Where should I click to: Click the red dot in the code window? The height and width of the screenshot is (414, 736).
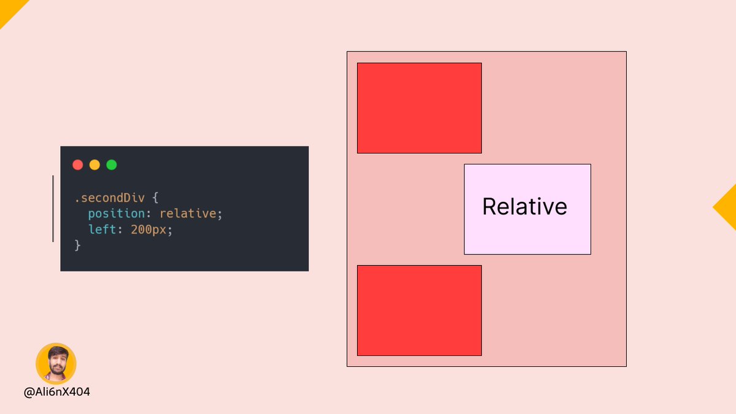[x=78, y=164]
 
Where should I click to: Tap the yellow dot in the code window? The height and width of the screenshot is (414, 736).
[x=94, y=164]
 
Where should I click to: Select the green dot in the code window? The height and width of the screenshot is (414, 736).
[x=112, y=164]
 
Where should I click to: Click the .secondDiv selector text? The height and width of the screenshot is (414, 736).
[x=110, y=197]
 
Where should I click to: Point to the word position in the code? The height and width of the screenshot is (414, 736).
[x=117, y=214]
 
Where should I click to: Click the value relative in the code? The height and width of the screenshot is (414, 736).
[x=188, y=213]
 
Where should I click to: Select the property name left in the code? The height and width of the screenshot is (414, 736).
[x=102, y=229]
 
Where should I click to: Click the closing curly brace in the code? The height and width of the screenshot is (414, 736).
[x=77, y=245]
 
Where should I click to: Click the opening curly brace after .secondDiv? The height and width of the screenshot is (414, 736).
[x=155, y=197]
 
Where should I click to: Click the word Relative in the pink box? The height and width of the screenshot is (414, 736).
[x=525, y=207]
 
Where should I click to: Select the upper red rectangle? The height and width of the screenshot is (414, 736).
[x=420, y=108]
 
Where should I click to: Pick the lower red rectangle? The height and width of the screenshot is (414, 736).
[x=420, y=310]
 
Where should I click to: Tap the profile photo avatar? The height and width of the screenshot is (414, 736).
[x=56, y=364]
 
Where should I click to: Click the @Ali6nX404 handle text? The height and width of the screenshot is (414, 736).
[x=57, y=392]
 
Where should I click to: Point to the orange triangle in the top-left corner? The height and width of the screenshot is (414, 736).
[x=10, y=10]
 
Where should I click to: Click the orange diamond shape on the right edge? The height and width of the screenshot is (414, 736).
[x=727, y=207]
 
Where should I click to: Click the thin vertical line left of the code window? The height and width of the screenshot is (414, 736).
[x=53, y=209]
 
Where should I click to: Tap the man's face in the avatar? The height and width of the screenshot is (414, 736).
[x=58, y=362]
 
